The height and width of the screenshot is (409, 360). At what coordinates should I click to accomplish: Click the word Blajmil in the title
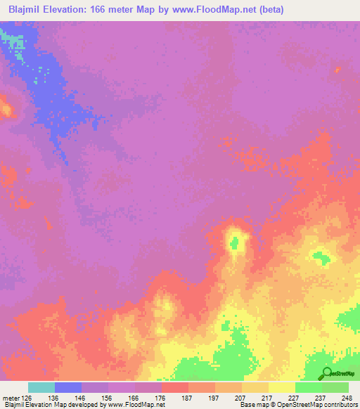[x=29, y=9]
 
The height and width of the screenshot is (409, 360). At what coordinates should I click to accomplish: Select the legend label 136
[x=54, y=397]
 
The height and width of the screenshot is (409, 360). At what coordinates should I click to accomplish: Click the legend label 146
[x=81, y=397]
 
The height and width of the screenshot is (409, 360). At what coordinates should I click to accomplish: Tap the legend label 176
[x=161, y=397]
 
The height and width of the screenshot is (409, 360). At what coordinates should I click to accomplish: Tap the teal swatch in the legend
[x=41, y=387]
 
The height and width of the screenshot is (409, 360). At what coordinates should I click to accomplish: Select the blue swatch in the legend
[x=68, y=387]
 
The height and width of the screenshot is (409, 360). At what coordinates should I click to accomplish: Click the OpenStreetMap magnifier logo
[x=328, y=373]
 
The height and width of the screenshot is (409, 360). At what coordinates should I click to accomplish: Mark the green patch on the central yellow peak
[x=235, y=243]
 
